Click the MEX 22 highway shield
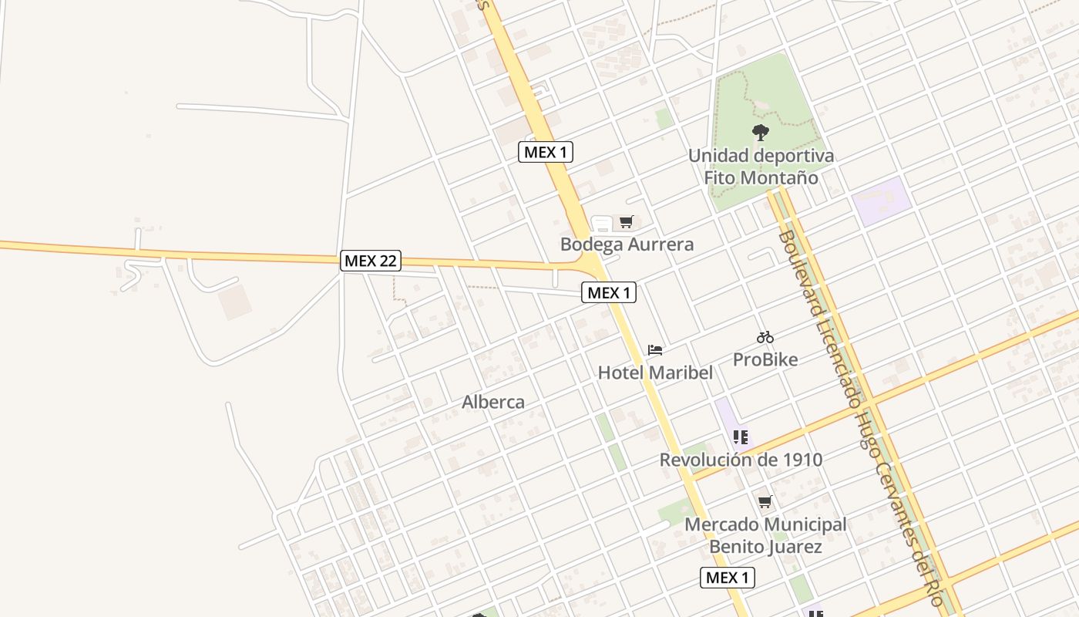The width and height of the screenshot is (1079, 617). [371, 261]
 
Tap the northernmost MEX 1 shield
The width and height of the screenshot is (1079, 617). [545, 152]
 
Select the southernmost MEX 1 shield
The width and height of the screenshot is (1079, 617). [727, 577]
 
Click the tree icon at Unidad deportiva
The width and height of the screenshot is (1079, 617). [761, 133]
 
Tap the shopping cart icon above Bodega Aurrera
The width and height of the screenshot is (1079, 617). [626, 222]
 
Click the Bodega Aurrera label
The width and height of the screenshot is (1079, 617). [627, 244]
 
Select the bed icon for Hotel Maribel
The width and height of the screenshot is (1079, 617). [655, 349]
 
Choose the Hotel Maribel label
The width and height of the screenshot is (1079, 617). [655, 373]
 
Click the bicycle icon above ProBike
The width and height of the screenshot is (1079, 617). [765, 337]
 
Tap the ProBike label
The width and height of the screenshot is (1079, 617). [765, 359]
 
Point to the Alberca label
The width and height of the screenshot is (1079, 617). [493, 402]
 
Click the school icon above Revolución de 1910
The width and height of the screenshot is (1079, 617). [741, 437]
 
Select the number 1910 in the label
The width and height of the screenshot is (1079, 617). [798, 460]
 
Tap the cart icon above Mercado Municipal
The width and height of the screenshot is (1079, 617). [765, 502]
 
